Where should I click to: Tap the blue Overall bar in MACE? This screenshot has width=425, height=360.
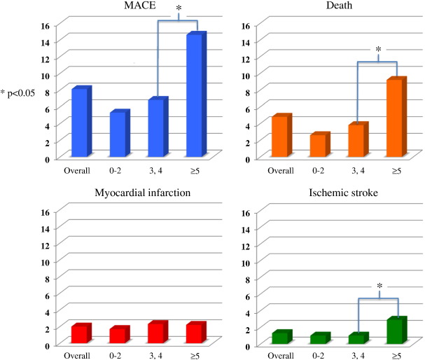coord(80,123)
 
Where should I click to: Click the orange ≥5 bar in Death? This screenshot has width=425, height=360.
coord(394,118)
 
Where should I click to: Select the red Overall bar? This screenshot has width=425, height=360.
coord(80,333)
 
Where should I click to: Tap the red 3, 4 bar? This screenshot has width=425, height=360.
coord(156,332)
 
